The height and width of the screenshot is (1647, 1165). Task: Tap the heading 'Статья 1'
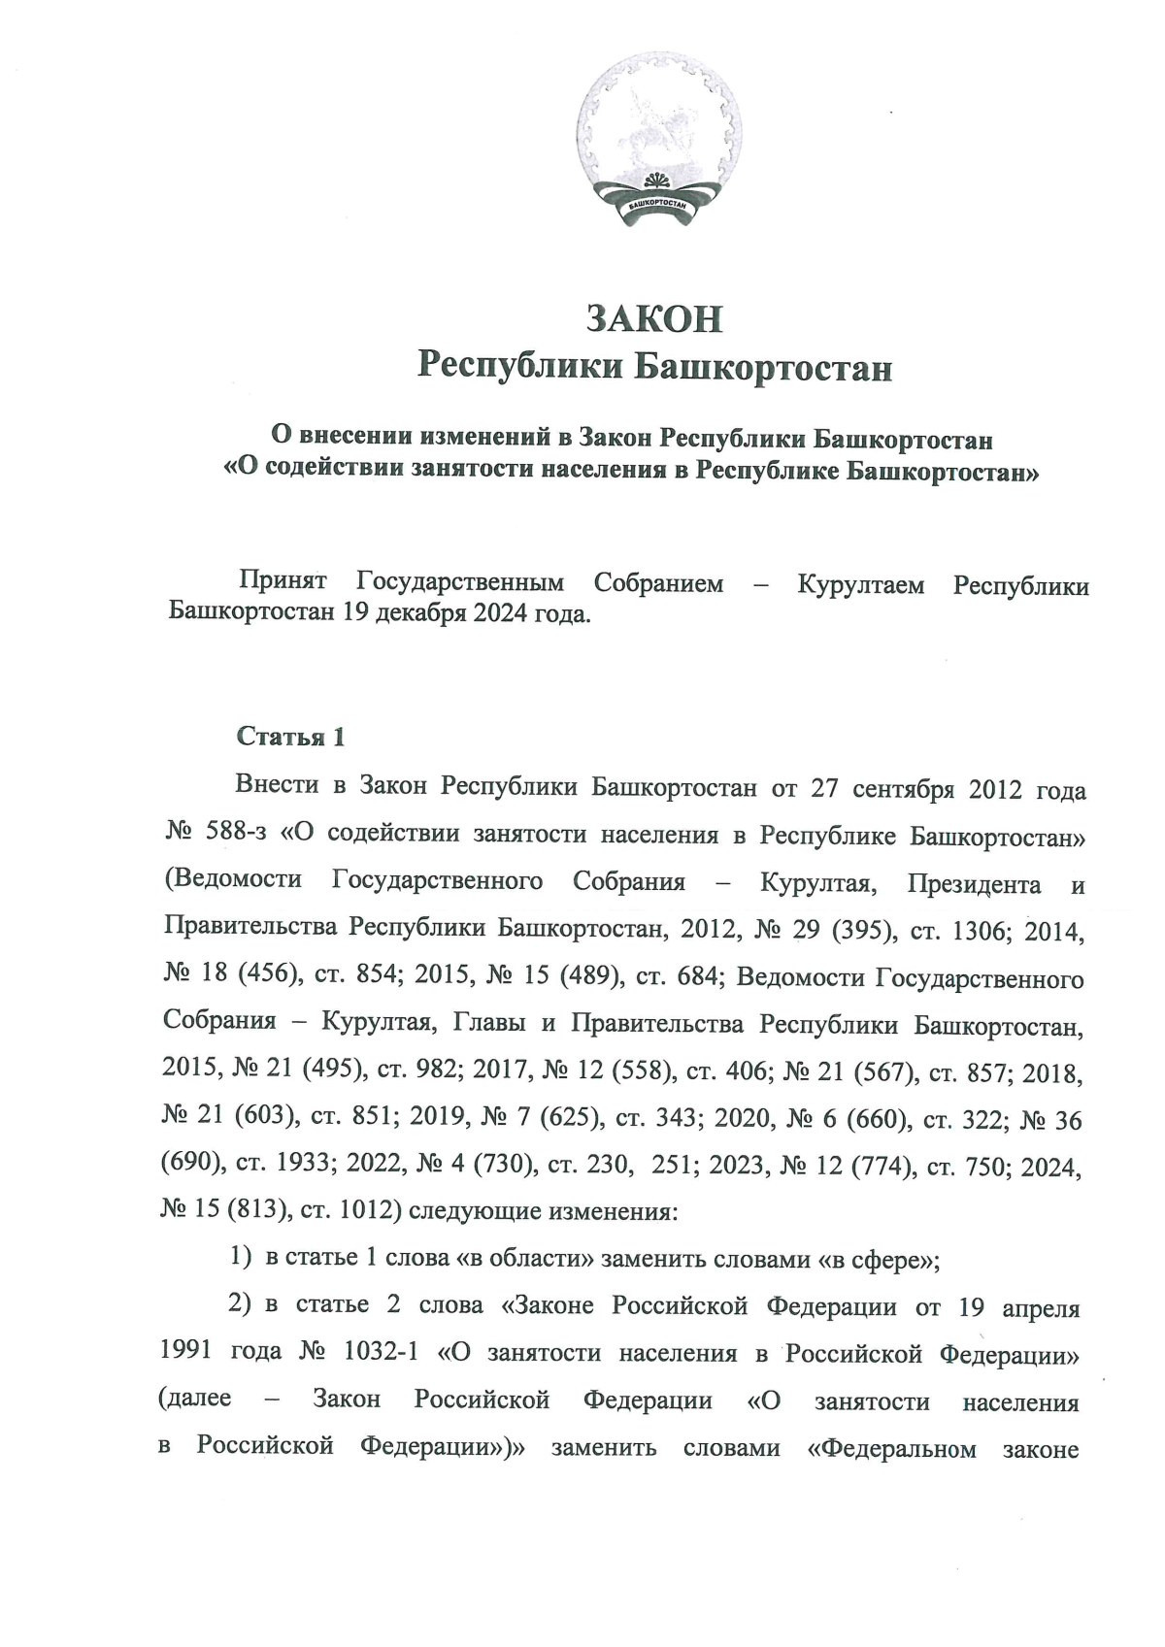pyautogui.click(x=290, y=737)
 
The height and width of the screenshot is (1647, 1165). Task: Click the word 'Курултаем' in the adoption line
pyautogui.click(x=861, y=584)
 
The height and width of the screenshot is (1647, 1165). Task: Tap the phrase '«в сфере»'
pyautogui.click(x=879, y=1260)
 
